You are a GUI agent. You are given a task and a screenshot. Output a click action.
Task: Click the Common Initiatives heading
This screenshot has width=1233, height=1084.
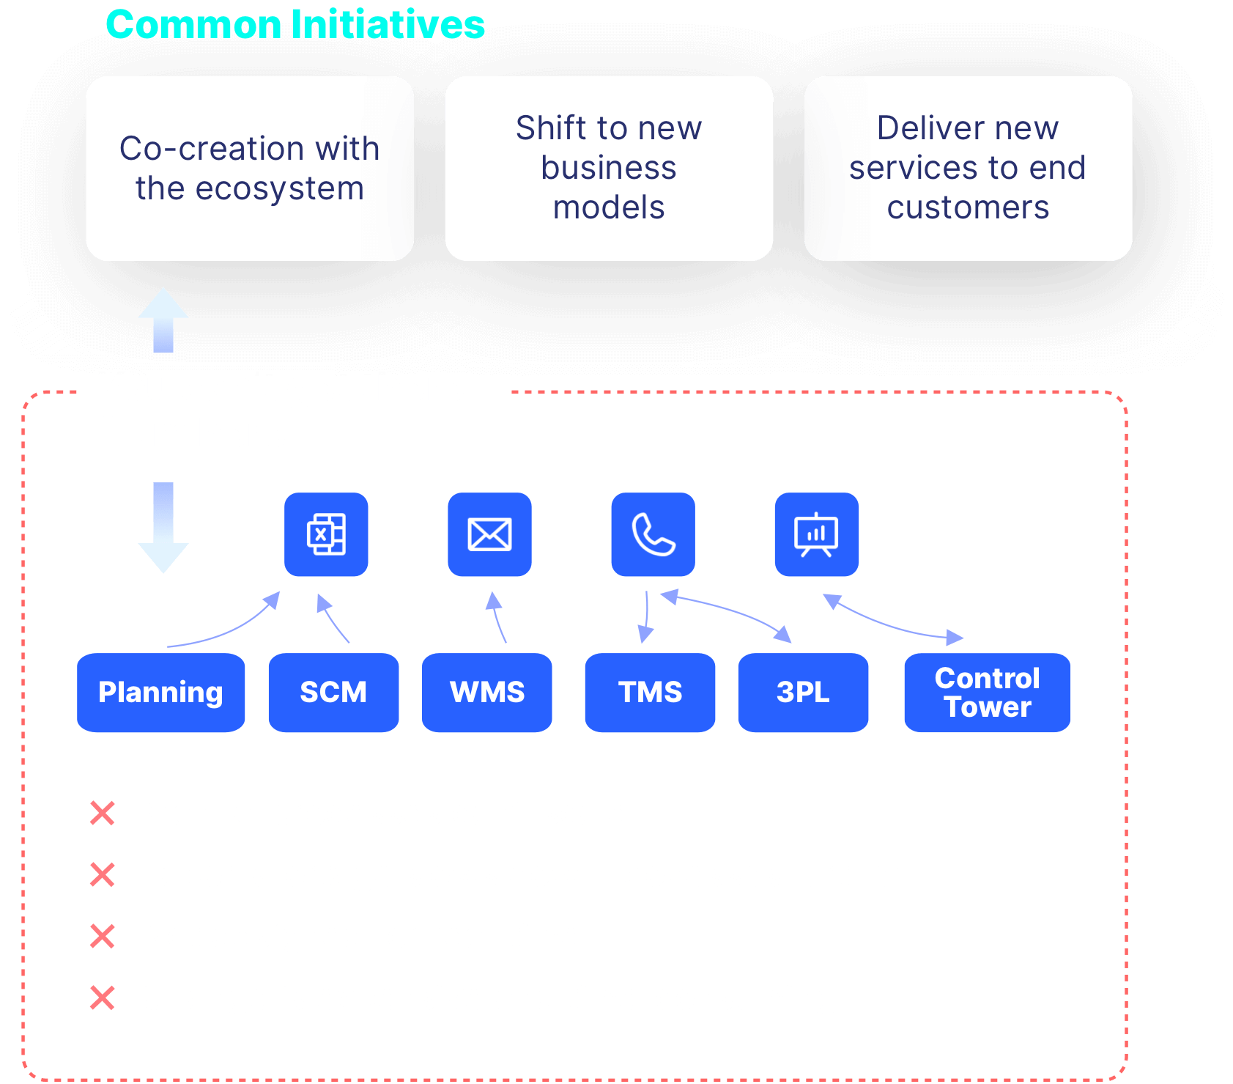[x=295, y=24]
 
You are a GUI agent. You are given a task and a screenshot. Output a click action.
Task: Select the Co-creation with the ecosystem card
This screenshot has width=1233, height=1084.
[x=250, y=169]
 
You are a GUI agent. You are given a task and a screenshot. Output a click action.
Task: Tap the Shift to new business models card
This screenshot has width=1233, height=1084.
[x=609, y=169]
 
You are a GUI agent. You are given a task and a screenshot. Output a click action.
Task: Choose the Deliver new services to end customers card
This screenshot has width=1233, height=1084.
[x=968, y=169]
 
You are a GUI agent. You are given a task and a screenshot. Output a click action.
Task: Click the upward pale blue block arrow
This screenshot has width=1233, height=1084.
[x=163, y=320]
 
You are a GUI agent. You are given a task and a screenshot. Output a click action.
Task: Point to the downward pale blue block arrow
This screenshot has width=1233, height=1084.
[x=163, y=527]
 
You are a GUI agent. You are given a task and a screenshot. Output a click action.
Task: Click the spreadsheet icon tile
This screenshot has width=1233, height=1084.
[x=326, y=534]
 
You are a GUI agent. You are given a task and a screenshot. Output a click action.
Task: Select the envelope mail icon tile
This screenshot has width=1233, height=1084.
[x=489, y=534]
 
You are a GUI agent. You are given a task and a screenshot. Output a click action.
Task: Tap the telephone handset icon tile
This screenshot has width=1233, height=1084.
[x=653, y=534]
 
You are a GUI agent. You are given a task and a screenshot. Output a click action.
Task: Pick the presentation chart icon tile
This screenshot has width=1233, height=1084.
[x=817, y=534]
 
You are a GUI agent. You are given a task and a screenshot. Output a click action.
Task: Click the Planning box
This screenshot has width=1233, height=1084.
[x=160, y=693]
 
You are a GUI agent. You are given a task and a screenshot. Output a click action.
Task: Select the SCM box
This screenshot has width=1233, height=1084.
[x=333, y=693]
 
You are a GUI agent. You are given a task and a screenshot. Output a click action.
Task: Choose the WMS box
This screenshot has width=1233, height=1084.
[x=486, y=693]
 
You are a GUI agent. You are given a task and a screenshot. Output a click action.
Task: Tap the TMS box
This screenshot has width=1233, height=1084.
[x=650, y=693]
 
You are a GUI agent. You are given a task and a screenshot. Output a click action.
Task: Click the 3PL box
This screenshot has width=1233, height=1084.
[x=803, y=693]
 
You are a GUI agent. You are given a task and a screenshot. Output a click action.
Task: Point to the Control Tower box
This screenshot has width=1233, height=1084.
[x=987, y=693]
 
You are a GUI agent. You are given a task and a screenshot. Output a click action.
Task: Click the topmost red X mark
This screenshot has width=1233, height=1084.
[x=103, y=813]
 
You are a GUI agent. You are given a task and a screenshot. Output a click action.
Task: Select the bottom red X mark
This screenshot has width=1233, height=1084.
[x=103, y=998]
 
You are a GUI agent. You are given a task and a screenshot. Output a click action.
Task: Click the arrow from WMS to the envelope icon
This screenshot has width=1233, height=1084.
[x=497, y=618]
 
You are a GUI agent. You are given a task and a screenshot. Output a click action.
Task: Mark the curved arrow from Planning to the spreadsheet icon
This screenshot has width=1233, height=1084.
[x=231, y=630]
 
